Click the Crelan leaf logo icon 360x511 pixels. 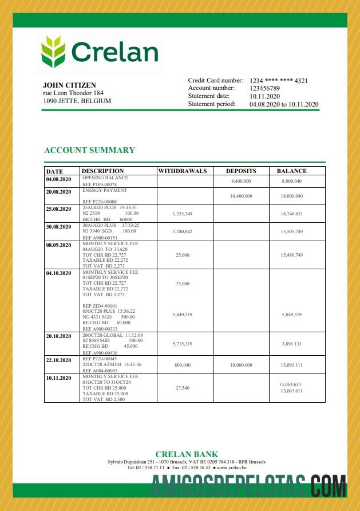tap(53, 52)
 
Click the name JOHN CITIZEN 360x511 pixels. tap(69, 85)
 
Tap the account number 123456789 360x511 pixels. tap(264, 88)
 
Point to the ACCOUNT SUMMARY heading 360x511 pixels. tap(89, 150)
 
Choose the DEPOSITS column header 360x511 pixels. tap(241, 171)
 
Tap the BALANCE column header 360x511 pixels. tap(291, 171)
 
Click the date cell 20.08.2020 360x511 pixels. tap(58, 191)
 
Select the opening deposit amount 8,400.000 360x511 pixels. tap(241, 181)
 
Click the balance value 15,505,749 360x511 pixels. tap(291, 231)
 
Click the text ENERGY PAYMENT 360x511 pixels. tap(105, 190)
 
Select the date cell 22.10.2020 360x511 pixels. tap(58, 360)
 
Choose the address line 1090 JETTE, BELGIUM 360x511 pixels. tap(77, 101)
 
